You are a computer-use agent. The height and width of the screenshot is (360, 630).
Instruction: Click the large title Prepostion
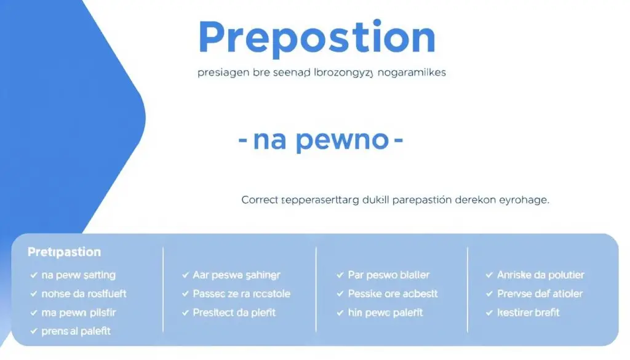pyautogui.click(x=317, y=38)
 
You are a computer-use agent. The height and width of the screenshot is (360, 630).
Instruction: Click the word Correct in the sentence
pyautogui.click(x=260, y=200)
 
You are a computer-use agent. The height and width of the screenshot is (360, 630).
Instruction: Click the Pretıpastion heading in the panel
pyautogui.click(x=64, y=252)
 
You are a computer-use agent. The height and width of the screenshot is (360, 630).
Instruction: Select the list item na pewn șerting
pyautogui.click(x=78, y=275)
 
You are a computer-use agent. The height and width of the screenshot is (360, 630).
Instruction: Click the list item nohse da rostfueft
pyautogui.click(x=84, y=294)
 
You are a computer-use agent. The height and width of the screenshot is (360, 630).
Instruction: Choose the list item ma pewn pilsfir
pyautogui.click(x=78, y=313)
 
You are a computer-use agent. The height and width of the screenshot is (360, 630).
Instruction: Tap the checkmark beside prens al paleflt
pyautogui.click(x=33, y=332)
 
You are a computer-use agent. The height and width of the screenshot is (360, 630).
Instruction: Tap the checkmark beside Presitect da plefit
pyautogui.click(x=186, y=313)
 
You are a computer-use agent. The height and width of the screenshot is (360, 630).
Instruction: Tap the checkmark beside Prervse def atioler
pyautogui.click(x=490, y=294)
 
